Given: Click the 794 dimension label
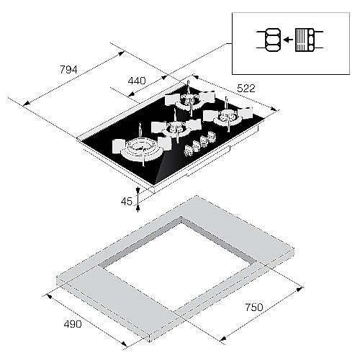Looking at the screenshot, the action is pyautogui.click(x=68, y=70).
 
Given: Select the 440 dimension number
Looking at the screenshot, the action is pyautogui.click(x=137, y=81).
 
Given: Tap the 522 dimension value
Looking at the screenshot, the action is pyautogui.click(x=246, y=89).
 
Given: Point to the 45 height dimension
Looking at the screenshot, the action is pyautogui.click(x=127, y=201).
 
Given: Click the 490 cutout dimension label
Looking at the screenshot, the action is pyautogui.click(x=73, y=324).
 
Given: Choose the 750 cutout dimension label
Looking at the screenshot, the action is pyautogui.click(x=254, y=307).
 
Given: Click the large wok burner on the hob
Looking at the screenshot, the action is pyautogui.click(x=142, y=149).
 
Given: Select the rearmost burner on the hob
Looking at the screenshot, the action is pyautogui.click(x=189, y=99).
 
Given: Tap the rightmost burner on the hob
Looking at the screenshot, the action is pyautogui.click(x=228, y=116).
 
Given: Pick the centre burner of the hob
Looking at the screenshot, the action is pyautogui.click(x=176, y=128).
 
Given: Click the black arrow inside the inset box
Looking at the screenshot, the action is pyautogui.click(x=288, y=40).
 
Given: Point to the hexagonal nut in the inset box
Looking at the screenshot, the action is pyautogui.click(x=273, y=40).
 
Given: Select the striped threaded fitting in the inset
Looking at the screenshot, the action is pyautogui.click(x=302, y=40).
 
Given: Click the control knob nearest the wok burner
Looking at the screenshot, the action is pyautogui.click(x=189, y=150).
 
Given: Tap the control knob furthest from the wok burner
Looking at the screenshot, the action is pyautogui.click(x=211, y=136).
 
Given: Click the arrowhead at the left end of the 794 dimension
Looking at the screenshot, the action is pyautogui.click(x=26, y=104).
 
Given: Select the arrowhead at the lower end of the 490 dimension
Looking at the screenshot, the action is pyautogui.click(x=124, y=343).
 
